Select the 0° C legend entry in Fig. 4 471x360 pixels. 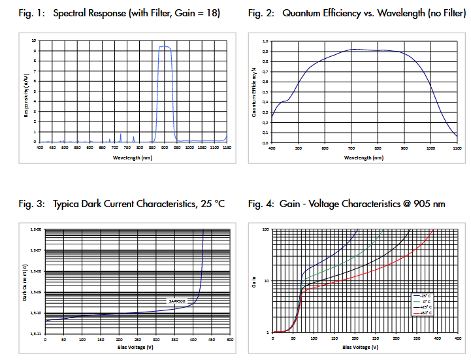pos(425,301)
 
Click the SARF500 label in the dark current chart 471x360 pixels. pos(178,301)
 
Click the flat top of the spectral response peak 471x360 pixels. pos(165,46)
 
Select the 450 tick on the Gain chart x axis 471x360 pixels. pos(457,338)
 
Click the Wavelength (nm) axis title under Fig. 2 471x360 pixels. pos(364,157)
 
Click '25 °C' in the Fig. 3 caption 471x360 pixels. pos(210,204)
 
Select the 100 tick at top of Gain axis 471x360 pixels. pos(265,230)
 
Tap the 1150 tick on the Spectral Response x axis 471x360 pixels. pos(226,148)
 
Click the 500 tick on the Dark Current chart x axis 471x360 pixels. pos(230,340)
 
